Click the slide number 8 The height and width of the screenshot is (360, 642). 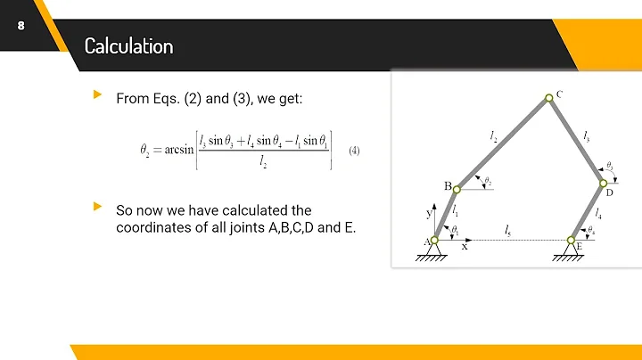[x=20, y=26]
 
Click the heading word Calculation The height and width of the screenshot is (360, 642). [x=128, y=45]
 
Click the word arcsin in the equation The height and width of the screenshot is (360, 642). [x=181, y=149]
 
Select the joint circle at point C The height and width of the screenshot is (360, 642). [x=547, y=100]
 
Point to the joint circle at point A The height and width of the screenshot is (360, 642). [x=434, y=239]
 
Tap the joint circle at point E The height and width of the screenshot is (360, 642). [x=572, y=239]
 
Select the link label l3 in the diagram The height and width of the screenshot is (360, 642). [x=586, y=135]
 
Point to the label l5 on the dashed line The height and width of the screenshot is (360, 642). [x=507, y=231]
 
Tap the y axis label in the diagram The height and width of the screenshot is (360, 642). [x=427, y=214]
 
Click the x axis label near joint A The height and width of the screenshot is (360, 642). [x=464, y=248]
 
